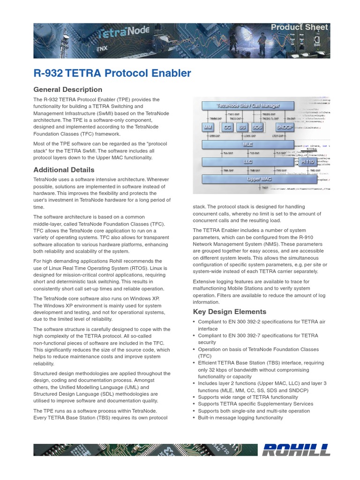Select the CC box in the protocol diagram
pyautogui.click(x=227, y=127)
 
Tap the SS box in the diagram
pyautogui.click(x=242, y=127)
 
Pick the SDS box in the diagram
pyautogui.click(x=257, y=127)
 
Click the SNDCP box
pyautogui.click(x=285, y=127)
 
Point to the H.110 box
pyautogui.click(x=307, y=161)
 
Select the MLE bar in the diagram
pyautogui.click(x=248, y=144)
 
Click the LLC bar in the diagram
pyautogui.click(x=248, y=161)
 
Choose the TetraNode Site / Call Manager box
pyautogui.click(x=248, y=105)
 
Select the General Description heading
pyautogui.click(x=67, y=90)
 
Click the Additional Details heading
pyautogui.click(x=64, y=170)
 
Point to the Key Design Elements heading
pyautogui.click(x=229, y=312)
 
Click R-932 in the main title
pyautogui.click(x=49, y=73)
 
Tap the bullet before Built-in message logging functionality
pyautogui.click(x=195, y=418)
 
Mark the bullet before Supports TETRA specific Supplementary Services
pyautogui.click(x=195, y=404)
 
